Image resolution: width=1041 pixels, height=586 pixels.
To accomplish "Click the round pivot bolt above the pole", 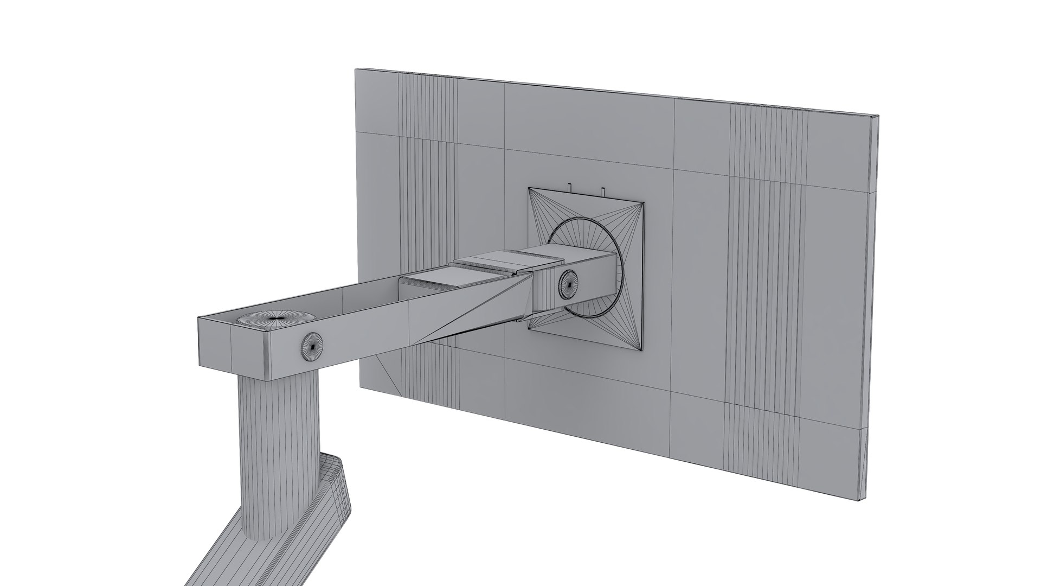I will (x=312, y=345).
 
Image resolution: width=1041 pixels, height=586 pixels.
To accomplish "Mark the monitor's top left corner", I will (x=356, y=69).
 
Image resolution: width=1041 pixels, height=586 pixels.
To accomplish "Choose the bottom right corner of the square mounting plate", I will (x=643, y=349).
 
